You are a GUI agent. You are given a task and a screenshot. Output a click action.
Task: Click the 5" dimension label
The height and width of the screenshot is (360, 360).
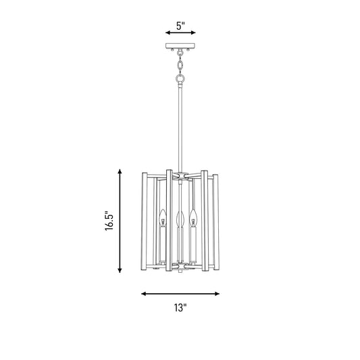pos(180,26)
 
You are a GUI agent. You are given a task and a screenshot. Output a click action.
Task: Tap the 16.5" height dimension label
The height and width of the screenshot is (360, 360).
pos(109,221)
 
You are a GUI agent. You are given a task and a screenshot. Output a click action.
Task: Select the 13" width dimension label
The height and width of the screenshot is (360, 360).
pos(180,307)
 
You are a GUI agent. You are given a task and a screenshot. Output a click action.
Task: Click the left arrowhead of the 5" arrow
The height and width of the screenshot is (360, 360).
pos(168,32)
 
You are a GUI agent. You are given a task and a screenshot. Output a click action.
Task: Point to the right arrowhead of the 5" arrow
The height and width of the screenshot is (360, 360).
pos(193,32)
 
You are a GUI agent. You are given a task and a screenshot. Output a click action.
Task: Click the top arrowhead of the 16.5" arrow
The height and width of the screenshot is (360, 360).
pos(120,172)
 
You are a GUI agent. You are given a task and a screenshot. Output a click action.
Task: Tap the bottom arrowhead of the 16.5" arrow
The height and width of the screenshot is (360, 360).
pos(120,270)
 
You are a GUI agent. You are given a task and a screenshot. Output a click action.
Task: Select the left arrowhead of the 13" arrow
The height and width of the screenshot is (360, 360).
pos(144,294)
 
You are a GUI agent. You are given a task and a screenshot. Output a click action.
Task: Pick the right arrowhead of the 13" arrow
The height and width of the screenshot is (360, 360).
pos(217,294)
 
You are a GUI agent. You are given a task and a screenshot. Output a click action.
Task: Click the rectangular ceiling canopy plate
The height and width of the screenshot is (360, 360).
pos(180,46)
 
